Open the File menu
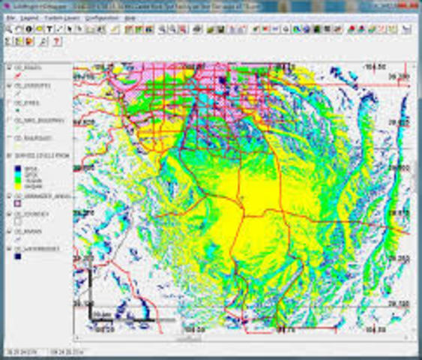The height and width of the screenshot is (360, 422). (10, 16)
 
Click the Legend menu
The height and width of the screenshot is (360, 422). (31, 16)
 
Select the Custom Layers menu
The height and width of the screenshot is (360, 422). (64, 16)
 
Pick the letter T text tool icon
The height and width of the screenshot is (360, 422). (49, 29)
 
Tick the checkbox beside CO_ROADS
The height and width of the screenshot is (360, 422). (8, 67)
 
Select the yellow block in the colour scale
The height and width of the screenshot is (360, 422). (17, 180)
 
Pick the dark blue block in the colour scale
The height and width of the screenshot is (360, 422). (17, 169)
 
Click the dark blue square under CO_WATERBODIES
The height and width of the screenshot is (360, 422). (17, 257)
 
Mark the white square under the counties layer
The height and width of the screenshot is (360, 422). (17, 223)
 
